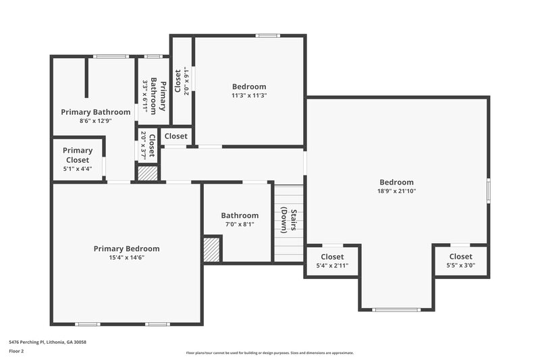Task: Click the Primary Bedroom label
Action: coord(126,249)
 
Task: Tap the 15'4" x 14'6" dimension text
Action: coord(126,257)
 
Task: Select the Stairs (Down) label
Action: coord(289,219)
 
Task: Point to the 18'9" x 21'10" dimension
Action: coord(396,191)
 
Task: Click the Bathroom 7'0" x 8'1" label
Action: coord(240,215)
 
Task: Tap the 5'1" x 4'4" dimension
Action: coord(78,169)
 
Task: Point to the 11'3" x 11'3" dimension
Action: coord(249,95)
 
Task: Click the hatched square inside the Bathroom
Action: coord(212,248)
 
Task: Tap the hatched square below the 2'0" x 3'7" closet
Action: coord(147,172)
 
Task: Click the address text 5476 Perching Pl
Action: coord(47,342)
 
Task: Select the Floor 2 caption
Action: coord(16,351)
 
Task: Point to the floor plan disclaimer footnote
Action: coord(269,353)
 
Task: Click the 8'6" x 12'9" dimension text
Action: coord(95,121)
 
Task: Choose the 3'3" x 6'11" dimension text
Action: coord(144,96)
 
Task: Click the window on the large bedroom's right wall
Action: coord(488,190)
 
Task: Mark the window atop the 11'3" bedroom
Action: coord(268,36)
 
